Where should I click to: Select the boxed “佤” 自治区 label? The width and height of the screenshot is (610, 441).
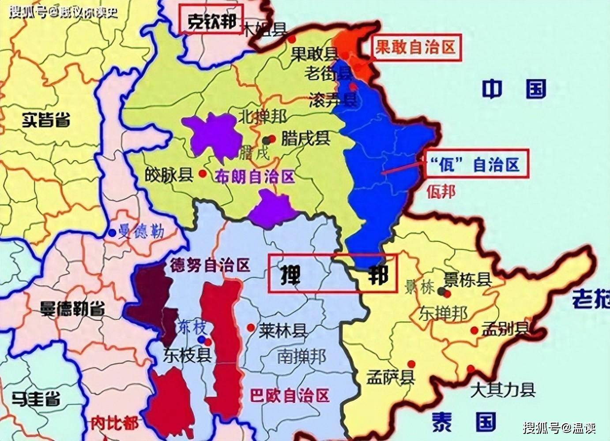pyautogui.click(x=476, y=164)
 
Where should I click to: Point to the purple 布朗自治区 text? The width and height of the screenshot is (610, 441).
pyautogui.click(x=255, y=177)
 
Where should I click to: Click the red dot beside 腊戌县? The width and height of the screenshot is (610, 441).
pyautogui.click(x=273, y=138)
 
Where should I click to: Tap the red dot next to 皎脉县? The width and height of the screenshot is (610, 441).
pyautogui.click(x=203, y=174)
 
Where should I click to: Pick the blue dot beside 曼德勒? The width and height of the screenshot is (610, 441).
pyautogui.click(x=112, y=232)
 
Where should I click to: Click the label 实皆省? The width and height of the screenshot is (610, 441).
pyautogui.click(x=46, y=120)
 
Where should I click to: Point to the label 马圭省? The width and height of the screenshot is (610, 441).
pyautogui.click(x=36, y=399)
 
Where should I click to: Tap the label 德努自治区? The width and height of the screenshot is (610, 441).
pyautogui.click(x=210, y=265)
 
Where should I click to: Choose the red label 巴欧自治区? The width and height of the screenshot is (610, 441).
pyautogui.click(x=290, y=395)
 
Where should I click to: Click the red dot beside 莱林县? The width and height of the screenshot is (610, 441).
pyautogui.click(x=251, y=328)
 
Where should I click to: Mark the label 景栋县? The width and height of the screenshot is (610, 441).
pyautogui.click(x=467, y=279)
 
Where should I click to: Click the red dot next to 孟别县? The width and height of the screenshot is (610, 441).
pyautogui.click(x=474, y=330)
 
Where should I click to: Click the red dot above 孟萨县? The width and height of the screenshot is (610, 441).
pyautogui.click(x=411, y=364)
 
